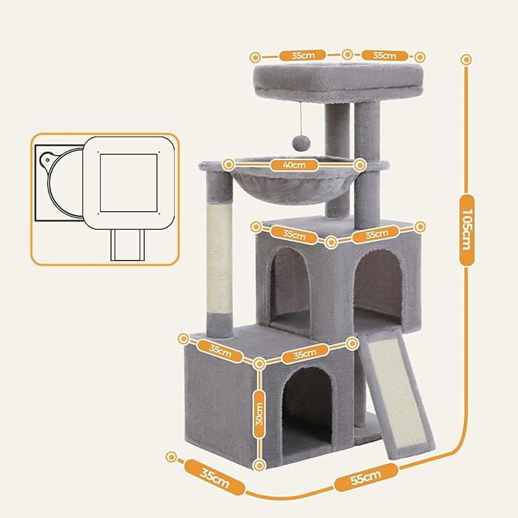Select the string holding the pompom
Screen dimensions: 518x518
[303, 118]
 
